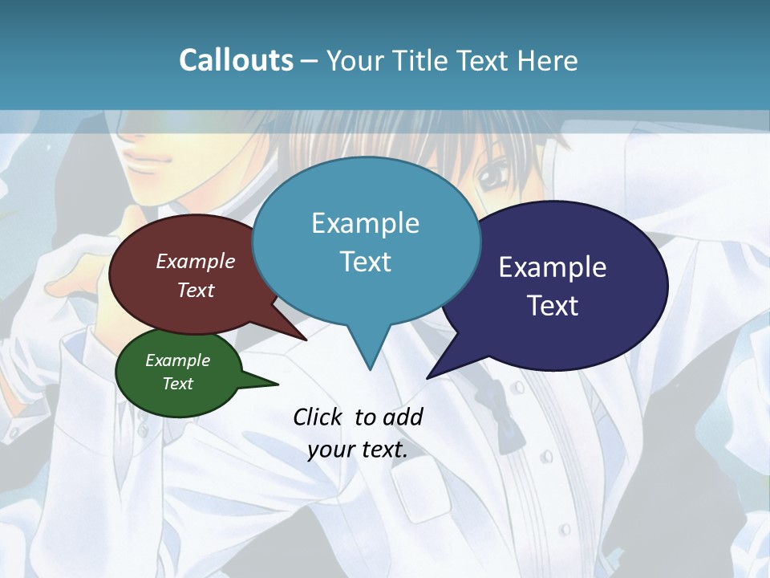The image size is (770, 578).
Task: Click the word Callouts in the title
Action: click(x=236, y=60)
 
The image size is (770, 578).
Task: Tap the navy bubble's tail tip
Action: click(x=429, y=377)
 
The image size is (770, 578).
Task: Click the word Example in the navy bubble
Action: click(x=553, y=267)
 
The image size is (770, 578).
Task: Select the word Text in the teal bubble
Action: click(x=366, y=262)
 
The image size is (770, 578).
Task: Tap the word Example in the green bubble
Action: click(x=178, y=360)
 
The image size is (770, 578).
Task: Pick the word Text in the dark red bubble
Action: click(x=196, y=290)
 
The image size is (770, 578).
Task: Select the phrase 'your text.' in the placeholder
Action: click(x=358, y=450)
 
